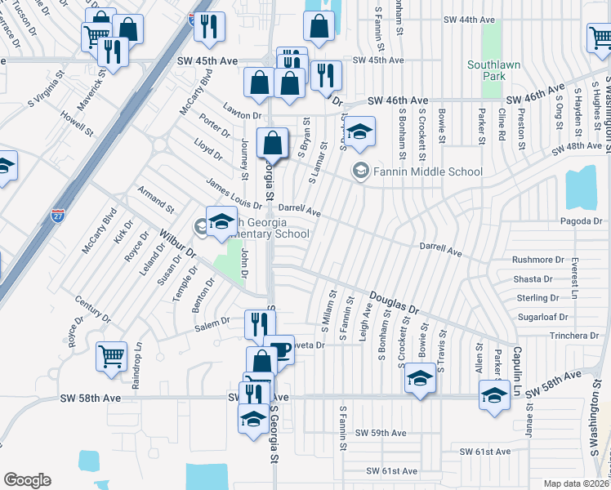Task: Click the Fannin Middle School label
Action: tap(426, 171)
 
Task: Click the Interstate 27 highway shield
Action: tap(58, 215)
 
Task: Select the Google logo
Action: tap(27, 480)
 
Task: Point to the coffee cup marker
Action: tap(279, 350)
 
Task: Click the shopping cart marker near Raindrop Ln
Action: tap(111, 355)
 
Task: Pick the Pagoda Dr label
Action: tap(581, 220)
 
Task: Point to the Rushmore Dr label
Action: tap(538, 260)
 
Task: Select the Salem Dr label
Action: tap(212, 324)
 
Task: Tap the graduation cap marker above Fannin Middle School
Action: tap(358, 131)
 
